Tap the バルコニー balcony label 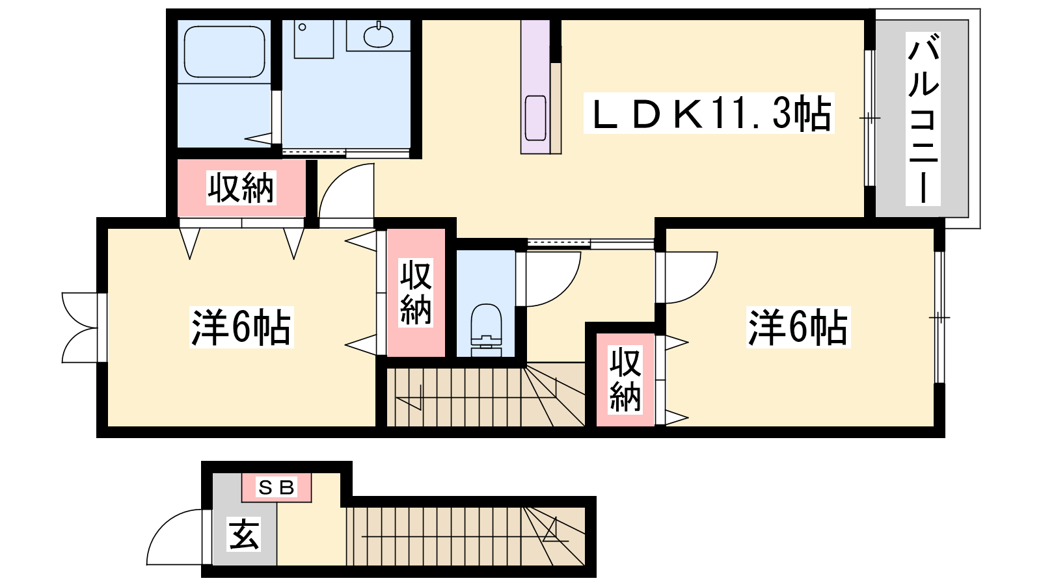923,120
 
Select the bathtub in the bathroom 224,51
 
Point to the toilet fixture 486,330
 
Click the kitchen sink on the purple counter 535,118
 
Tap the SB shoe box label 276,487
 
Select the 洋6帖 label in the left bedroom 241,327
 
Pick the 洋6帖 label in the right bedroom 798,327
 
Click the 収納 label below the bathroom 241,188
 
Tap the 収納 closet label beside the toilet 416,292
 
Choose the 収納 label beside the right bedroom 625,380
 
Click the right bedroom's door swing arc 702,288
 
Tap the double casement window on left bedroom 80,328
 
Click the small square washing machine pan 314,39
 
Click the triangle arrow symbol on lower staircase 554,530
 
